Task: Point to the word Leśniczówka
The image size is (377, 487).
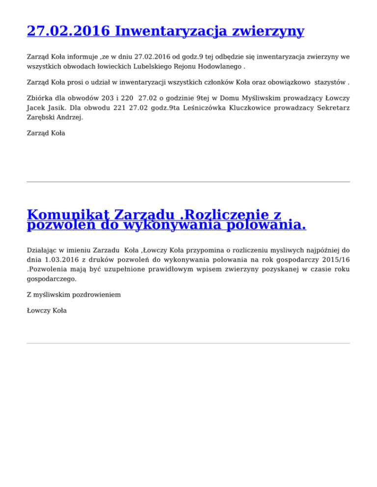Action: pos(201,108)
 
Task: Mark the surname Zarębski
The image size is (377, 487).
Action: pos(40,117)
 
